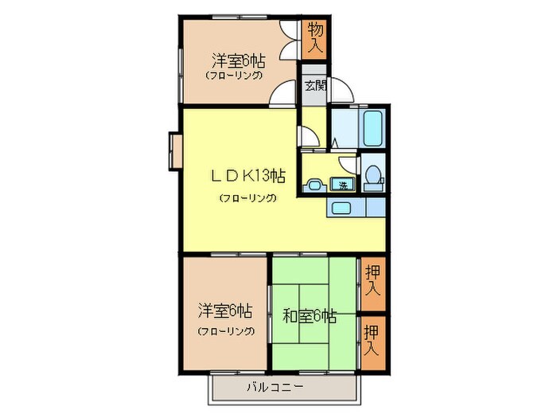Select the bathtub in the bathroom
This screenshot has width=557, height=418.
(x=373, y=127)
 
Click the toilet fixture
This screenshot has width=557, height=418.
(x=372, y=178)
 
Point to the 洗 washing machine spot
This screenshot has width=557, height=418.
(x=343, y=185)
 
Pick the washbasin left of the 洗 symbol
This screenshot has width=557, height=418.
(x=314, y=186)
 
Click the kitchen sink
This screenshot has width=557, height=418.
(x=340, y=209)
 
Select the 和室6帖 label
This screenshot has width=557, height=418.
(x=310, y=316)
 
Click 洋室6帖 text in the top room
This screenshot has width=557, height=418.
(x=238, y=60)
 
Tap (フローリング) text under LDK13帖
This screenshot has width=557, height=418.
(x=247, y=197)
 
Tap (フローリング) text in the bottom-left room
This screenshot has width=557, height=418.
(x=226, y=330)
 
